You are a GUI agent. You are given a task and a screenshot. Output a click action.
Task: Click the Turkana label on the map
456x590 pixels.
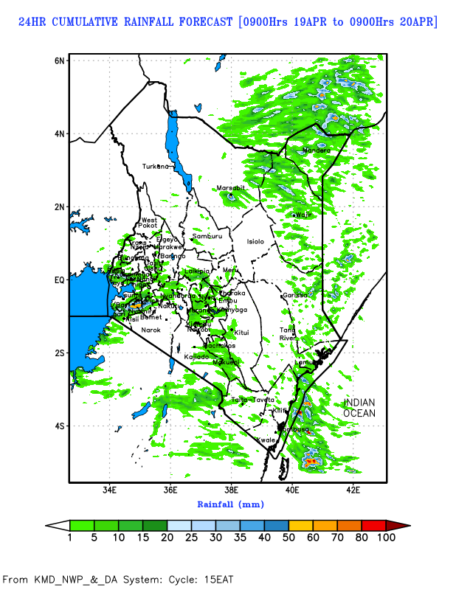click(156, 167)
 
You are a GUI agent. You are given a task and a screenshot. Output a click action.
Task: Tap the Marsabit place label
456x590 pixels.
click(230, 189)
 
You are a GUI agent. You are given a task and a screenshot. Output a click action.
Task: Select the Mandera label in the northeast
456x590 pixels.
click(317, 151)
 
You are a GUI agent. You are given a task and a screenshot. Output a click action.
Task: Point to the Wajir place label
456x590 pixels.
click(304, 215)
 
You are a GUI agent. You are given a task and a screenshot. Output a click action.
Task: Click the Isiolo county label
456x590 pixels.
click(255, 242)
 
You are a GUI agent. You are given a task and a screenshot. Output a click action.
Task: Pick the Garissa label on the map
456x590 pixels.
click(294, 296)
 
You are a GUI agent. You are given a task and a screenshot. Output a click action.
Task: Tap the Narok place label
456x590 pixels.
click(151, 330)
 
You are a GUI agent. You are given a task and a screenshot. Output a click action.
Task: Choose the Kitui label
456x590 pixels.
click(242, 333)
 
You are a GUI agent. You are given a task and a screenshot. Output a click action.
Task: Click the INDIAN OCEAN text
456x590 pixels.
click(359, 408)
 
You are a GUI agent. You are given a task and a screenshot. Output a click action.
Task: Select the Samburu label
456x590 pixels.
click(207, 237)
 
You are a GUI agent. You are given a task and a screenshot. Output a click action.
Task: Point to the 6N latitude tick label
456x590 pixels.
click(60, 60)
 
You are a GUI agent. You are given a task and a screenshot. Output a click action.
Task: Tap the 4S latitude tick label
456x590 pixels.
click(60, 426)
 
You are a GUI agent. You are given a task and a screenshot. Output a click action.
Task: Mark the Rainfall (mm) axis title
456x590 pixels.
click(230, 504)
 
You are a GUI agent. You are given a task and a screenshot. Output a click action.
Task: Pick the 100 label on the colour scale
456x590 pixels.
click(387, 538)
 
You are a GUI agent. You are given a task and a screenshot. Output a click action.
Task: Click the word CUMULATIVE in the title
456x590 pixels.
click(94, 22)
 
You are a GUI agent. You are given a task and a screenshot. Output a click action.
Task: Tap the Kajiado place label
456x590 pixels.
click(196, 357)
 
